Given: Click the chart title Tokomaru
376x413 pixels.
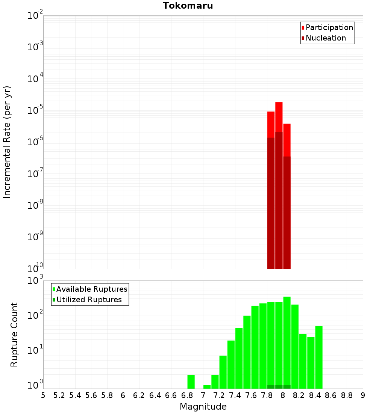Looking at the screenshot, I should click(188, 6).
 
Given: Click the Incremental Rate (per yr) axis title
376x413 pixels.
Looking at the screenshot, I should click(7, 142).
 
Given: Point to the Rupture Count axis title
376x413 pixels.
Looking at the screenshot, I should click(14, 335).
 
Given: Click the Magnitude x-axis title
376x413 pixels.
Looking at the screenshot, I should click(203, 407).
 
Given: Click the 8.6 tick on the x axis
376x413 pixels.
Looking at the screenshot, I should click(331, 395).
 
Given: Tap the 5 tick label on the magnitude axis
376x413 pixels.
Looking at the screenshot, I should click(43, 395).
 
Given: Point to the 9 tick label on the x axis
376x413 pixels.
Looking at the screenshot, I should click(363, 395).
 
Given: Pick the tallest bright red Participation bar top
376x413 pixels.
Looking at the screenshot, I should click(279, 103).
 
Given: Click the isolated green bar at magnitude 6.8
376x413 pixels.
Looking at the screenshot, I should click(191, 381).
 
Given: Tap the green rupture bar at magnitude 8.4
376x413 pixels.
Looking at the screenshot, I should click(319, 357).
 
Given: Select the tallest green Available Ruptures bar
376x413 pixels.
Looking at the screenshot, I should click(287, 342).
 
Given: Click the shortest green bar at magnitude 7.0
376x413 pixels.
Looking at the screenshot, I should click(207, 387).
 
